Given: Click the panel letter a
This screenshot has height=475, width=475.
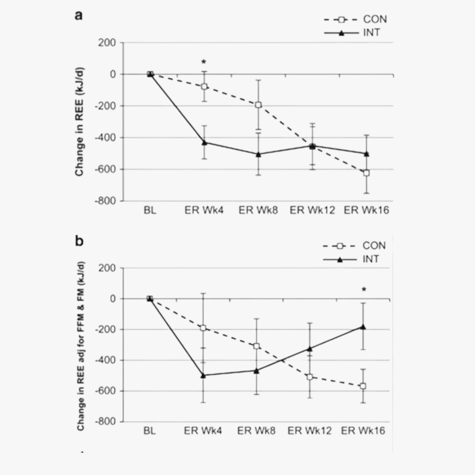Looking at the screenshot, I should coord(79,16).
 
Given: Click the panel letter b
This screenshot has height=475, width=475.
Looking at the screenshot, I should coord(79,241).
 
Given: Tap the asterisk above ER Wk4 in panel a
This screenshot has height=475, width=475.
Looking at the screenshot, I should coord(204,62).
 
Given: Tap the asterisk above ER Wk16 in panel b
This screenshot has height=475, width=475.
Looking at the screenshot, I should coord(364,289).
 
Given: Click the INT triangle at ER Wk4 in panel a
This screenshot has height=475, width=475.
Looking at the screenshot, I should coord(204,142).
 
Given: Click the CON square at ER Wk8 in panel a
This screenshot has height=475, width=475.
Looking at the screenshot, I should coord(258,105).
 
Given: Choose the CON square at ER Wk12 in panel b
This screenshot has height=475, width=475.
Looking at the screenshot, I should coord(310,377).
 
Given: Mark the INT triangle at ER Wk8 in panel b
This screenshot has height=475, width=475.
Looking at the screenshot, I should coord(256,370).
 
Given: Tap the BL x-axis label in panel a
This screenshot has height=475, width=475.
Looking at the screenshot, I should coord(150,211).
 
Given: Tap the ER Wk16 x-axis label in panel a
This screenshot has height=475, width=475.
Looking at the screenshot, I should coord(366,211).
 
